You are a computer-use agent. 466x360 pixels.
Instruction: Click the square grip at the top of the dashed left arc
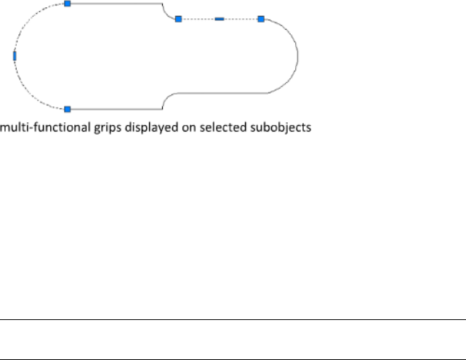(68, 4)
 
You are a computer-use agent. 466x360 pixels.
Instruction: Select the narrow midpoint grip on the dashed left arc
(15, 55)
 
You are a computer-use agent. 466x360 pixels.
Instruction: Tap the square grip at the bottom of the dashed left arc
(68, 109)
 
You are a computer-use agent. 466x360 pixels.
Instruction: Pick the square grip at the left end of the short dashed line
(178, 19)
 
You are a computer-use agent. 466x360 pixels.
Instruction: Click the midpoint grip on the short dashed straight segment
(220, 19)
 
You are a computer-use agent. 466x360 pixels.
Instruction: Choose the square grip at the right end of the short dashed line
(261, 19)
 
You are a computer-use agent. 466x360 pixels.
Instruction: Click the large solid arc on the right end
(297, 56)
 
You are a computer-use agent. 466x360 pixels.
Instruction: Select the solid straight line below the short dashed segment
(218, 92)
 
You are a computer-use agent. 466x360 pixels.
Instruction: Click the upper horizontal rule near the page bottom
(233, 320)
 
